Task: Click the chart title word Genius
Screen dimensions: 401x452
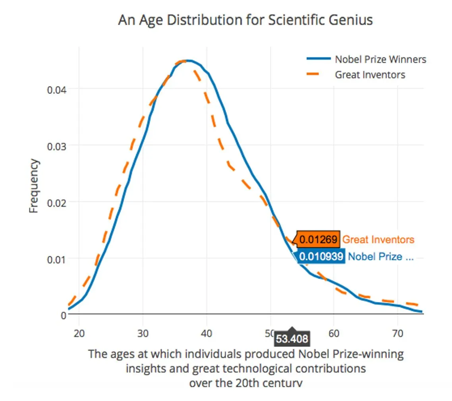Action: pos(350,20)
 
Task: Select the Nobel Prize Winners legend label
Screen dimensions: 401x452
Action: pos(380,59)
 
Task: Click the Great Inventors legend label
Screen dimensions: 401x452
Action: pos(370,74)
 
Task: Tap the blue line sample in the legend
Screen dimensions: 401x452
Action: pos(319,59)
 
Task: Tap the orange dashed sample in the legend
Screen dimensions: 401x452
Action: pos(319,74)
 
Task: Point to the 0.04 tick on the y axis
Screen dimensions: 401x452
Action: pos(56,89)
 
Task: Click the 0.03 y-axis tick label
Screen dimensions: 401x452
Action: pos(56,146)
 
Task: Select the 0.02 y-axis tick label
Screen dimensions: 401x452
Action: pos(56,202)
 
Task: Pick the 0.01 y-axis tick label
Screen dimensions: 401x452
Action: pos(56,259)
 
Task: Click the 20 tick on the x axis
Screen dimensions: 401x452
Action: pos(79,333)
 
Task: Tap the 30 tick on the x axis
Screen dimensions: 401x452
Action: pos(143,333)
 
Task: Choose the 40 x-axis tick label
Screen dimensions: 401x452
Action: pos(207,333)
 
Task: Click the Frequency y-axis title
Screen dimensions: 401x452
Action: pos(34,186)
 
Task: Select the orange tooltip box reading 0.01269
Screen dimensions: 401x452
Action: pos(318,240)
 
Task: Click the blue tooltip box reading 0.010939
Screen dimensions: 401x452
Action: pos(321,257)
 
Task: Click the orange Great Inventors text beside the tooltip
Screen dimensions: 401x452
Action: pos(378,240)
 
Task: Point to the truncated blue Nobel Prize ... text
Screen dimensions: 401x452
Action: pos(381,257)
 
